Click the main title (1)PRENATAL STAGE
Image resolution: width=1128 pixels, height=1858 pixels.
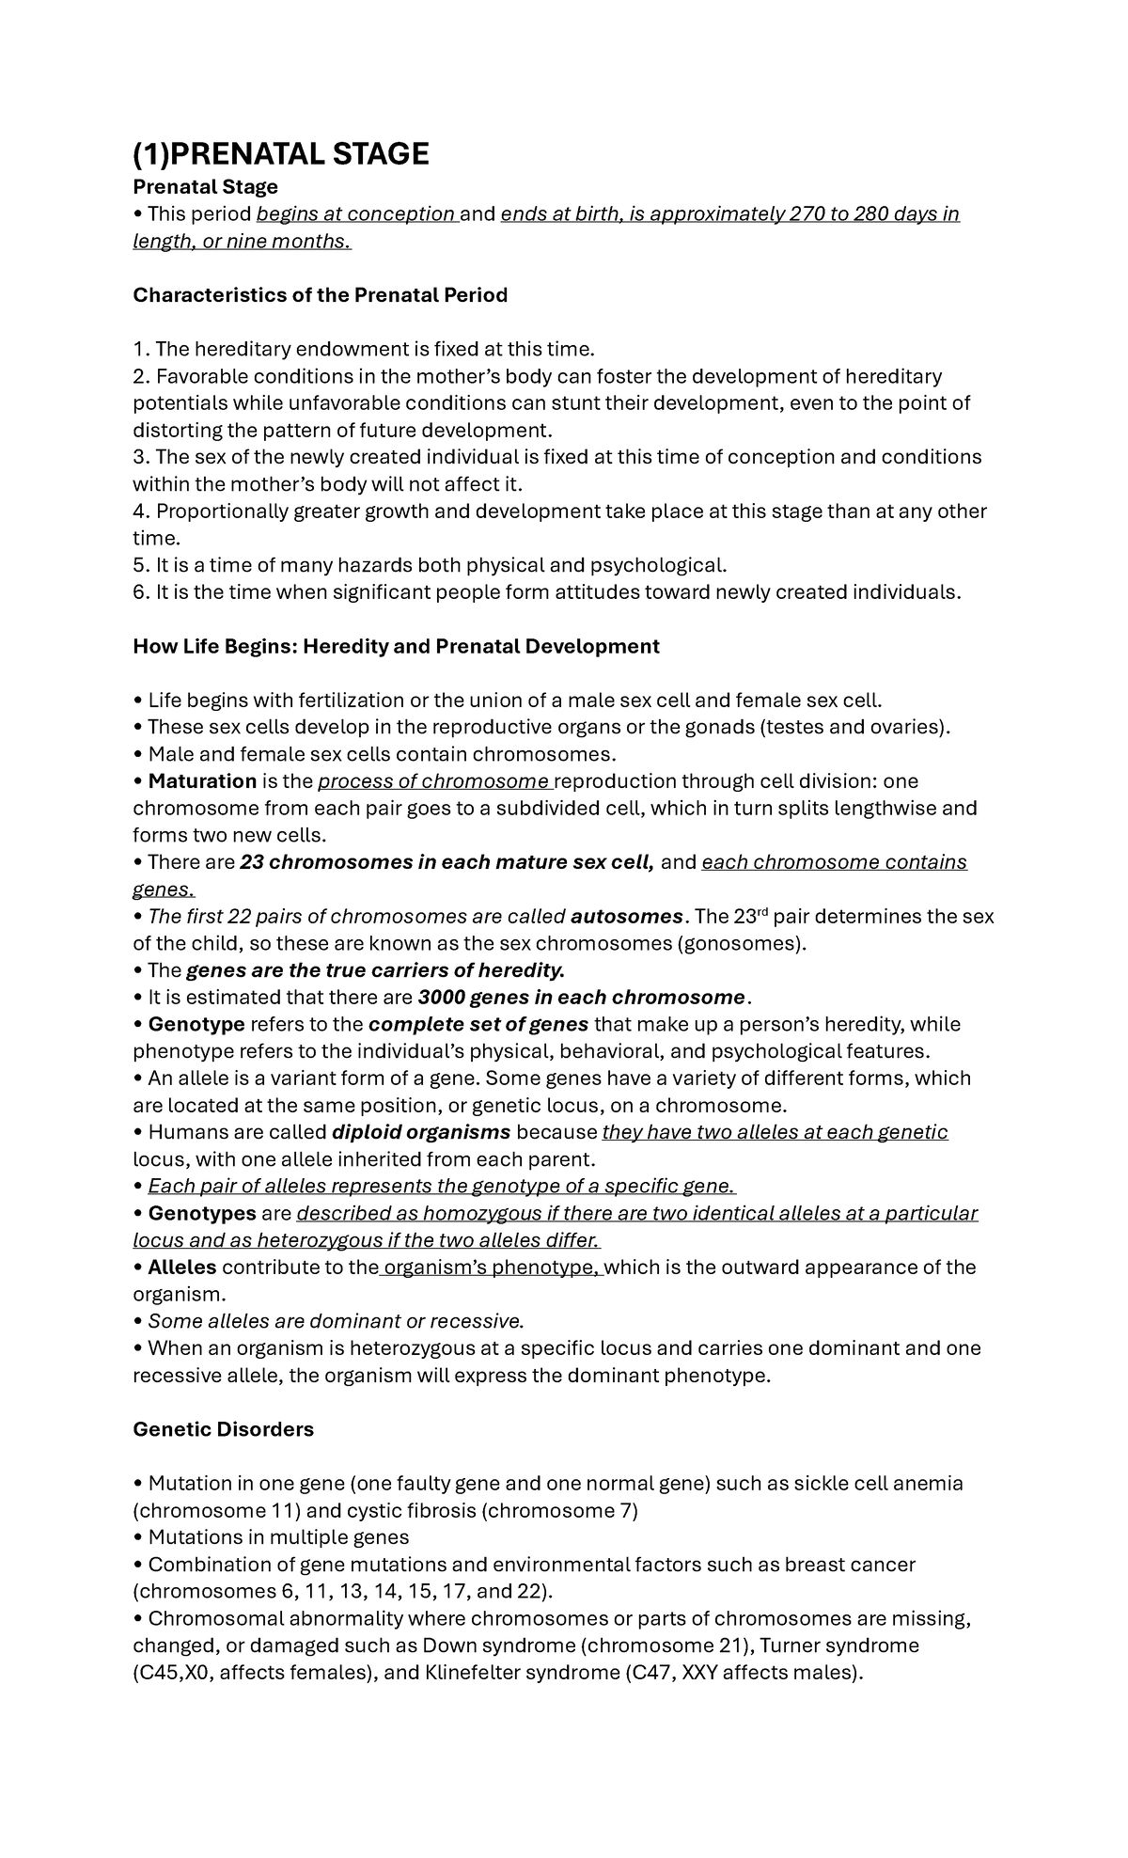[x=280, y=153]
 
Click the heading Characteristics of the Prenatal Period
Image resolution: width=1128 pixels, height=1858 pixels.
[x=320, y=295]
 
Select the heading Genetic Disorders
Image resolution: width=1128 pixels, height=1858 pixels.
[x=223, y=1429]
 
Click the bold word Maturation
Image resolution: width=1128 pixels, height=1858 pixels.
[x=202, y=781]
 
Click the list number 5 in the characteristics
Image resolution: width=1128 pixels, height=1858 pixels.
[x=140, y=566]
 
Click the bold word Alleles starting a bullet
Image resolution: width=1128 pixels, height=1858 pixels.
[x=182, y=1268]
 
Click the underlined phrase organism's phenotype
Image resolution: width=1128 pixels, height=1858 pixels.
[x=489, y=1268]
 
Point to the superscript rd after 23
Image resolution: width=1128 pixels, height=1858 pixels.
[x=761, y=911]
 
